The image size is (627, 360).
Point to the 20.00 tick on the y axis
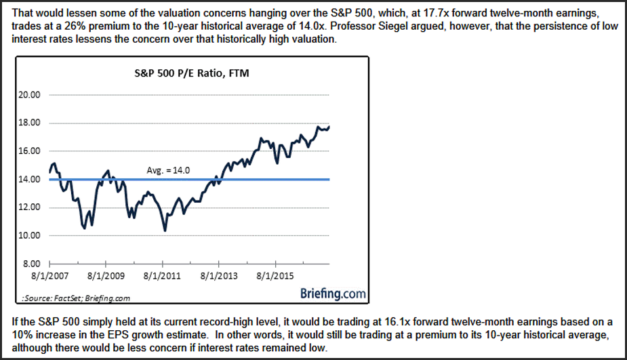tap(28, 95)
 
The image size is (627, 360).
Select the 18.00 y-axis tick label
tap(28, 123)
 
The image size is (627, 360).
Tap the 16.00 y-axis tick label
tap(28, 151)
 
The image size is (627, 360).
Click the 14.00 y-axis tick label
tap(28, 179)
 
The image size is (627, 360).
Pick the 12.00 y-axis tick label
tap(28, 207)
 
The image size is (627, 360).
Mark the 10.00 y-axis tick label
tap(28, 235)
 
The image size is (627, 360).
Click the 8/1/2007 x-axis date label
tap(50, 277)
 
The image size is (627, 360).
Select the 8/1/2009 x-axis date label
tap(106, 277)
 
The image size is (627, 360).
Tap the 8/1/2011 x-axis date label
tap(163, 277)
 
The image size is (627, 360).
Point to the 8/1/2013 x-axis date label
tap(219, 277)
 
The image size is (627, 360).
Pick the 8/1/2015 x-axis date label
tap(275, 277)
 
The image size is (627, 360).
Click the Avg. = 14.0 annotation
tap(168, 170)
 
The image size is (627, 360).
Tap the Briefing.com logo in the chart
tap(332, 294)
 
